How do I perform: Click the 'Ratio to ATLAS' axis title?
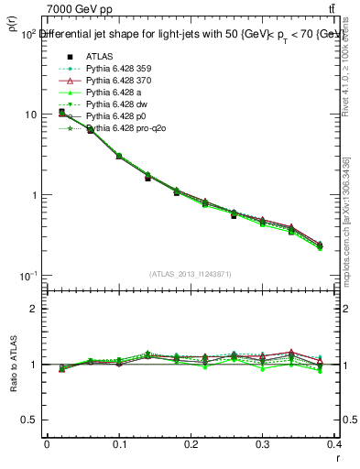pos(13,364)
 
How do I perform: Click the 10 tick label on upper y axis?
pos(30,115)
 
